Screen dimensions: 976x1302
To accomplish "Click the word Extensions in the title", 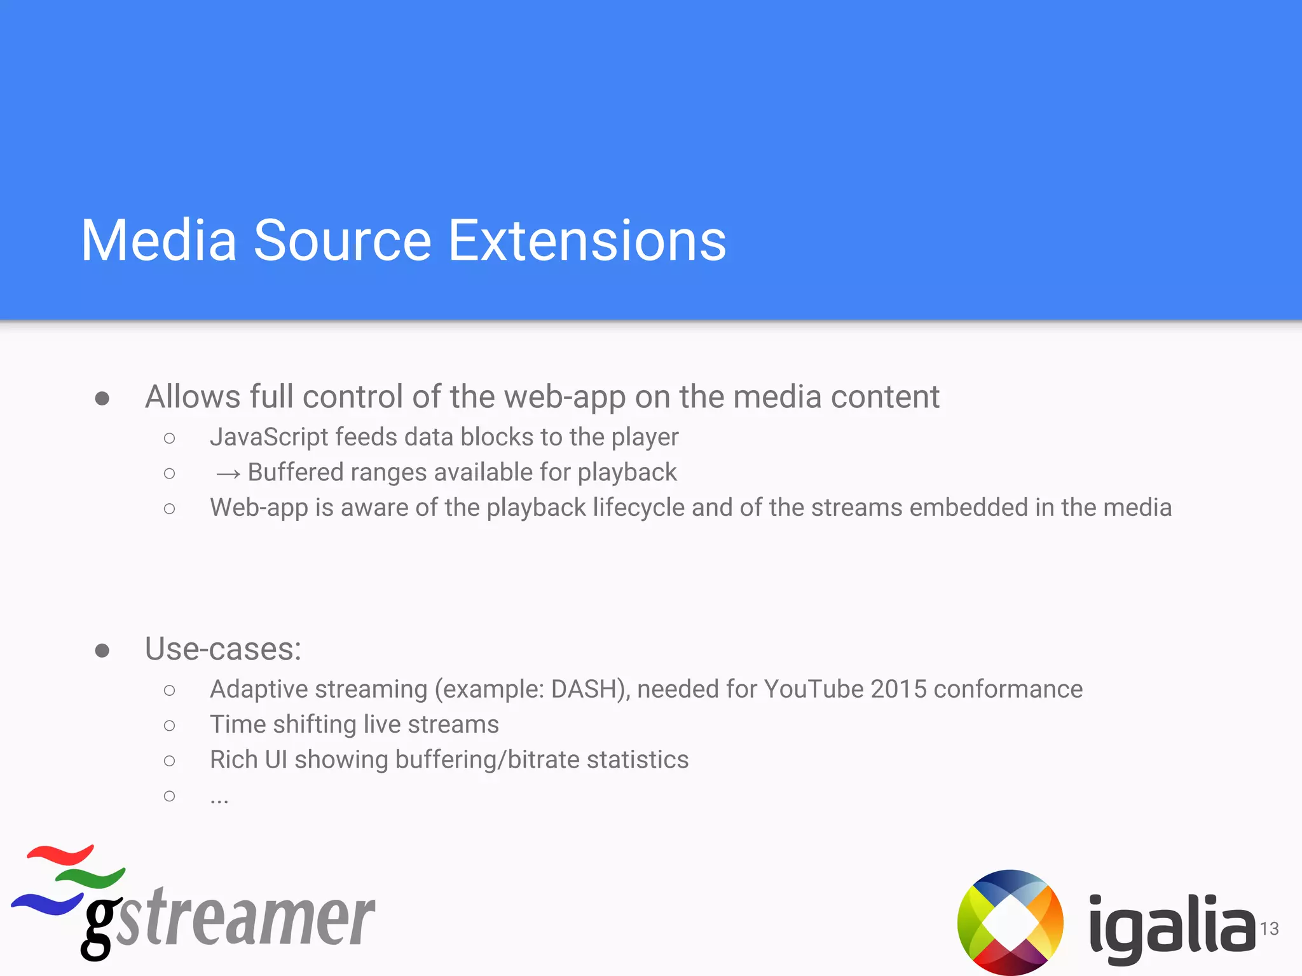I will pos(587,241).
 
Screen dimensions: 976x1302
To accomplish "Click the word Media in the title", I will pos(159,241).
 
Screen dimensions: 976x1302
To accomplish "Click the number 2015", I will pos(898,689).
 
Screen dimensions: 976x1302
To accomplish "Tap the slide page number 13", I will pos(1269,929).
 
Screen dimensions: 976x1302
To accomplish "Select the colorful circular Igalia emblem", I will pos(1010,922).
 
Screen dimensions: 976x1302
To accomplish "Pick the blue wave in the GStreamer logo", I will pos(48,902).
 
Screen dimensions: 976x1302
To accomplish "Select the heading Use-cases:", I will pos(223,649).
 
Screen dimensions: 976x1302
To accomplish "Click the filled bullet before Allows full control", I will pos(102,398).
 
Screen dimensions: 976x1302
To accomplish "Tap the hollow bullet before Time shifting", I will pos(169,726).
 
